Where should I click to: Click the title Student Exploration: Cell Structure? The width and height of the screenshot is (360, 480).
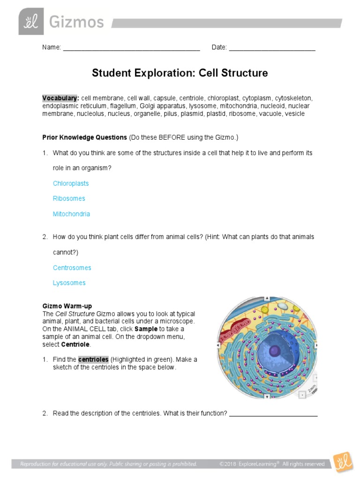tap(180, 73)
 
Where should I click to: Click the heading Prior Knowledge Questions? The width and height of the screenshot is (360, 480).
tap(85, 137)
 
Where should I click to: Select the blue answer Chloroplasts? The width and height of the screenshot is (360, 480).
tap(71, 183)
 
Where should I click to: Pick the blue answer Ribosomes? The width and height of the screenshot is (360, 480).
tap(69, 199)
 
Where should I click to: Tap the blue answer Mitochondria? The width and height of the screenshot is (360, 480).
tap(71, 214)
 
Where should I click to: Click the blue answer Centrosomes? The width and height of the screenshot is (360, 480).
tap(72, 268)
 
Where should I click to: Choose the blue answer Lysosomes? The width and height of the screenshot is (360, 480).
tap(69, 283)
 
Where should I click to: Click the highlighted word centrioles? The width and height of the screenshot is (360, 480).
tap(93, 360)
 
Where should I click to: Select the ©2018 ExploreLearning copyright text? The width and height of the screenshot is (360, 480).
tap(272, 464)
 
